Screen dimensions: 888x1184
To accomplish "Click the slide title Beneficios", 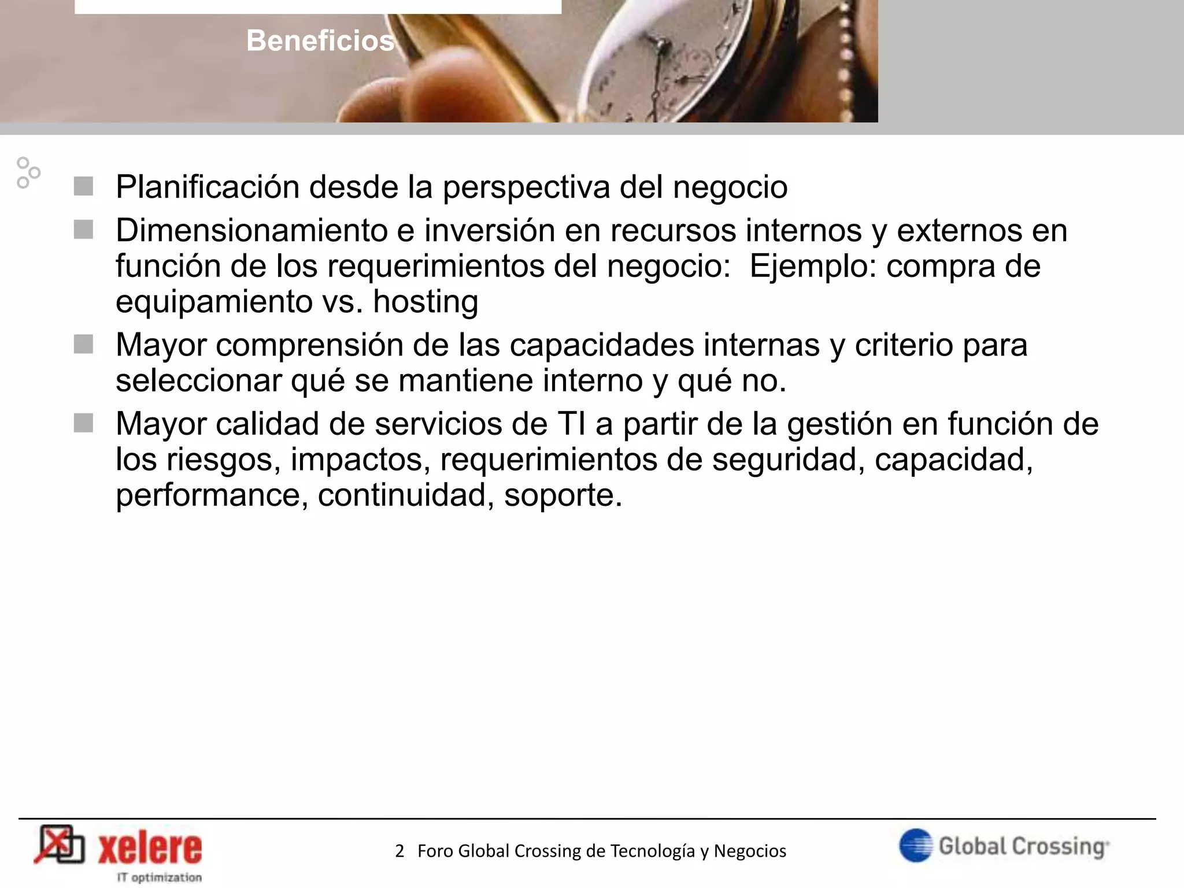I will (x=320, y=40).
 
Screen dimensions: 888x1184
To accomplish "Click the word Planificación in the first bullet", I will (x=208, y=187).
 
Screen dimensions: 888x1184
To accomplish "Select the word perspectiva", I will (x=526, y=187).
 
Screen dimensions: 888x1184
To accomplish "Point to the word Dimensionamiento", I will (x=251, y=231).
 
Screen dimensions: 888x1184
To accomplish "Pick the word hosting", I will (x=425, y=302).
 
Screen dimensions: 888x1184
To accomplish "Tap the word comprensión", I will (x=332, y=345).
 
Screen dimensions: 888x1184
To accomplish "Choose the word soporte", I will (x=563, y=495).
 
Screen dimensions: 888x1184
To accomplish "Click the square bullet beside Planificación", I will (x=84, y=187).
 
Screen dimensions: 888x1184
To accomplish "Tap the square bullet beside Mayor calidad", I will (x=84, y=423).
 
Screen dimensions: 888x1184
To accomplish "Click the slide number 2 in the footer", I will (x=399, y=851).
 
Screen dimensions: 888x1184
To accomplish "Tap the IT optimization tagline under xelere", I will (x=160, y=877).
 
